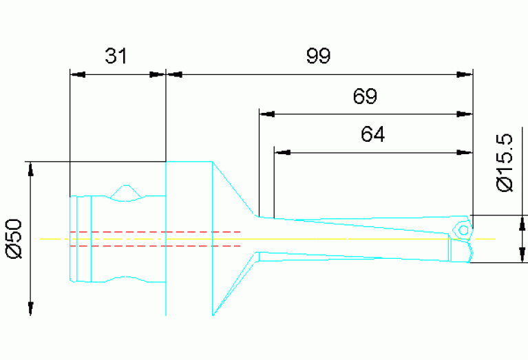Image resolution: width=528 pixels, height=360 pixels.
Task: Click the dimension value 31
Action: pos(116,56)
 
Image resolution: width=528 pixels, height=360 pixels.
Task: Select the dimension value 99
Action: pos(319,56)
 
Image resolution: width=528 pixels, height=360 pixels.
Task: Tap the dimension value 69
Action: pos(365,96)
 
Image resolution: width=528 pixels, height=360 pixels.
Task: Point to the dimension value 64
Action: pos(372,134)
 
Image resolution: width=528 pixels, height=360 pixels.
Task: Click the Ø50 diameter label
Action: pos(14,238)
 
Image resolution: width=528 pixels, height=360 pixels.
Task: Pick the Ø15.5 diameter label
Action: pos(505,163)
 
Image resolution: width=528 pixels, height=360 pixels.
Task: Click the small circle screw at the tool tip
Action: pos(464,229)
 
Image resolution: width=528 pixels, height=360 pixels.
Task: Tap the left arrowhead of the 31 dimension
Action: pos(77,73)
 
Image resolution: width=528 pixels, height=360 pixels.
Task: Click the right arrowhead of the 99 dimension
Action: pos(467,73)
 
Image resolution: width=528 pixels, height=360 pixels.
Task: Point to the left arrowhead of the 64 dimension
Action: pos(281,151)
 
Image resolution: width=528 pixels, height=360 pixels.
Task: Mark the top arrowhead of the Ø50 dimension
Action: pos(30,169)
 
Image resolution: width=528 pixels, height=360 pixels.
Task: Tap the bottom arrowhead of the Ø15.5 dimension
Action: pos(524,255)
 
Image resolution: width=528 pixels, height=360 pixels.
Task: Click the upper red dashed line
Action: pos(155,231)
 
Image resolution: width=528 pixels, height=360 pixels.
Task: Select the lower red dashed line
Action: pos(155,245)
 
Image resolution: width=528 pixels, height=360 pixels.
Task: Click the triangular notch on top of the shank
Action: pos(125,191)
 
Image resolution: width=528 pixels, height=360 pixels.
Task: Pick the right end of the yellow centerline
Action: pos(494,238)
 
